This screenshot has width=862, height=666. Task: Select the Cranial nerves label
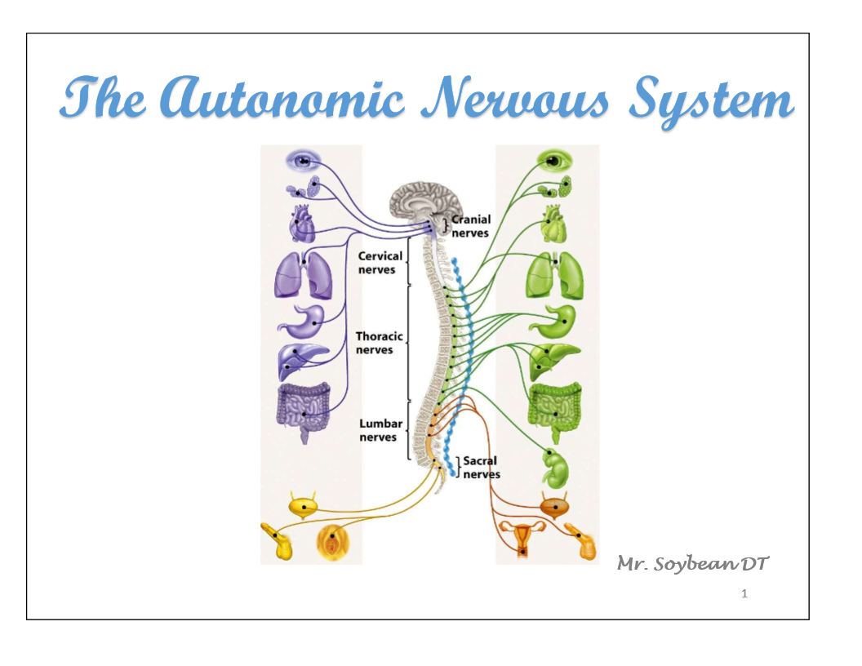click(471, 226)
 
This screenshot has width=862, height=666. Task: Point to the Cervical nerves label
click(380, 263)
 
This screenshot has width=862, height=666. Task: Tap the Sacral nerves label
click(481, 468)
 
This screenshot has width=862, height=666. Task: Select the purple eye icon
click(303, 161)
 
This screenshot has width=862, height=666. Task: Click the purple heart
click(302, 222)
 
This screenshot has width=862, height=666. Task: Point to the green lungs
click(553, 274)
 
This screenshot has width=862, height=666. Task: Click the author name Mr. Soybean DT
click(693, 563)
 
